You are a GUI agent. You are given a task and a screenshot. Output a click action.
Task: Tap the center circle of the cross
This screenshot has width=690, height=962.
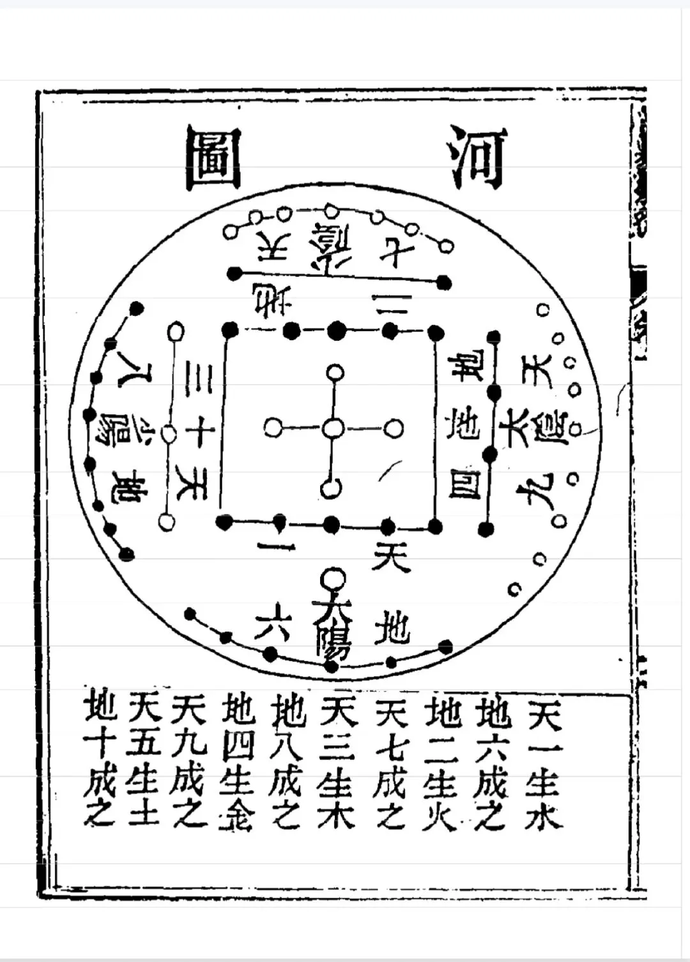point(332,428)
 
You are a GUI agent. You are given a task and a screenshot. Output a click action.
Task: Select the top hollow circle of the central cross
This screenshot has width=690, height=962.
point(334,372)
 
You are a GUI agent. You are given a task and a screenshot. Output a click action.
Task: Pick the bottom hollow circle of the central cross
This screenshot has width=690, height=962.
point(331,489)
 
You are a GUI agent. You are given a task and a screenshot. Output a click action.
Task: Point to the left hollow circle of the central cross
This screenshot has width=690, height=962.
point(273,428)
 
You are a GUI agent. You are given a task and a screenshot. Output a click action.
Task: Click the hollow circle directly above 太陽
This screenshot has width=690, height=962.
point(332,580)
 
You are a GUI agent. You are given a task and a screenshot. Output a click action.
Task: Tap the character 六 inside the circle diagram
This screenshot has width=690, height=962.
point(273,624)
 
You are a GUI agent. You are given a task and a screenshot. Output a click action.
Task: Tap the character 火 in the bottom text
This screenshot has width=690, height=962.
point(440,815)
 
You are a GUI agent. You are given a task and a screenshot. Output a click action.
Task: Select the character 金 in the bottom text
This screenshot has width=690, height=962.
point(236,815)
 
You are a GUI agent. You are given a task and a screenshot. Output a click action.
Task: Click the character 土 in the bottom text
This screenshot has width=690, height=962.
point(142,815)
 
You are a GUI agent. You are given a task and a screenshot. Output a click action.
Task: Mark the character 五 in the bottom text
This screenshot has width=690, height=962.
point(144,745)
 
